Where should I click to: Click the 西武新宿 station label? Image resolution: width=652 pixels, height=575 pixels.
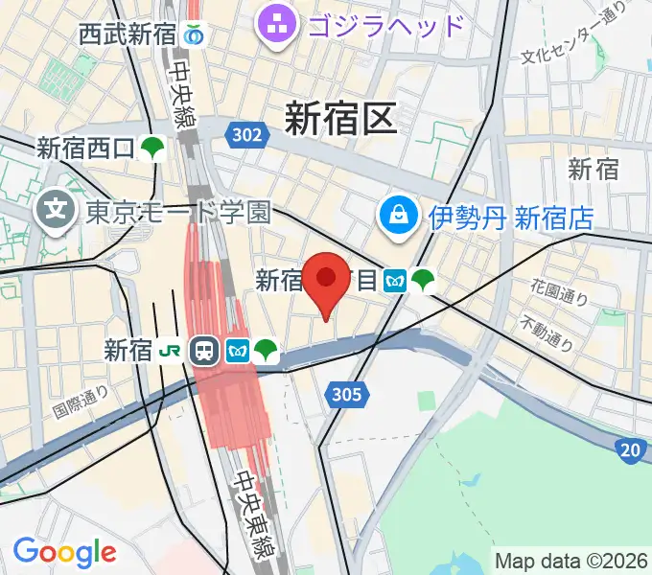(x=128, y=35)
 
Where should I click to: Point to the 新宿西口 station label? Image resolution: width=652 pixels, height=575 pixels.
(x=86, y=149)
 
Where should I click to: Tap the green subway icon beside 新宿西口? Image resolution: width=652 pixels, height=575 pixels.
(x=152, y=149)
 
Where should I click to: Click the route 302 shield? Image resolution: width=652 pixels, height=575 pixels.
(x=246, y=135)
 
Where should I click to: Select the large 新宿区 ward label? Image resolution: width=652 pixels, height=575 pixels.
(x=340, y=120)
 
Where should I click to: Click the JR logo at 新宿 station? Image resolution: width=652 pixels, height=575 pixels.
(x=170, y=352)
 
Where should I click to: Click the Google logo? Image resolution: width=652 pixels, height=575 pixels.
(x=64, y=552)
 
